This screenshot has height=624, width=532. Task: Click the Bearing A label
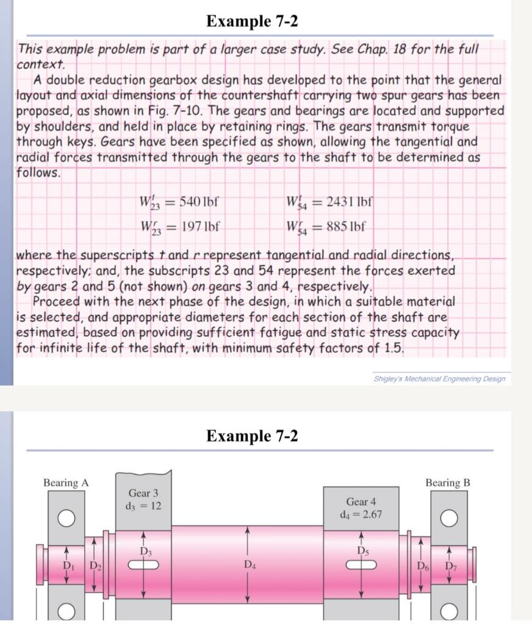coord(66,483)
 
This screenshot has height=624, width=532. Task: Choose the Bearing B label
coord(448,483)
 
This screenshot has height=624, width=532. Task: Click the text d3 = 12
coord(143,506)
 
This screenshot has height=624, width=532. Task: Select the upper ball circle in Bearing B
coord(449,519)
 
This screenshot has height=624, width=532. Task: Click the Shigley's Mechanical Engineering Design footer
coord(439,379)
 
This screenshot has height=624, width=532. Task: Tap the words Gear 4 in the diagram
coord(361,502)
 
